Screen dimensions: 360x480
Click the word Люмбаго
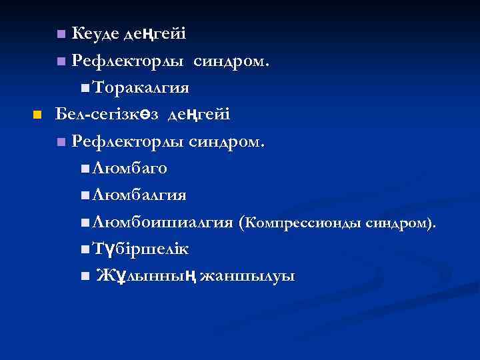coord(130,169)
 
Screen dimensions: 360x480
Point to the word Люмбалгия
coord(139,195)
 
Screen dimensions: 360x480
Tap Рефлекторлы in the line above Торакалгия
coord(129,61)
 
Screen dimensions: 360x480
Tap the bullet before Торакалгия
coord(83,88)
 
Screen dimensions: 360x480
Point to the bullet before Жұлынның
coord(83,276)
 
